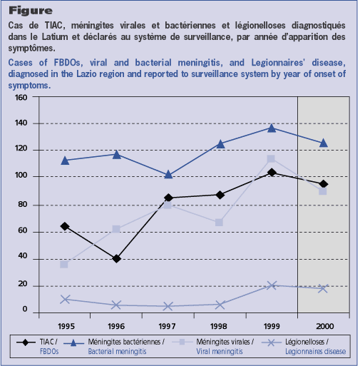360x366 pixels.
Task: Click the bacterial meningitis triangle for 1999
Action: (272, 128)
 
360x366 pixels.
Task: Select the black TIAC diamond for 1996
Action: (116, 258)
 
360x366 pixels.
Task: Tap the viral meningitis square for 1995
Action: (64, 264)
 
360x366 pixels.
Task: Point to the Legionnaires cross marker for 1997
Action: (168, 306)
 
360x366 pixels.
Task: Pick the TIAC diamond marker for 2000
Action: (323, 184)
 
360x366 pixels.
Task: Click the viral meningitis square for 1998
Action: (219, 223)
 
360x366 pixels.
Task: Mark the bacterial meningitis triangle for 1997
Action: (168, 175)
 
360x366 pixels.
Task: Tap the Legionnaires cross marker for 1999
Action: (272, 285)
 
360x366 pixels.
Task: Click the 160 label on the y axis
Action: (21, 98)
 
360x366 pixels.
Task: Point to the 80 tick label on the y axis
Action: (22, 204)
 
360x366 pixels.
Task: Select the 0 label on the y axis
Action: (25, 309)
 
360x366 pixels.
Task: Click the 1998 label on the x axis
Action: (219, 326)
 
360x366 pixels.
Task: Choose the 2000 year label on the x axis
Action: (324, 326)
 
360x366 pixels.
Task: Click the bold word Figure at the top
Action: (31, 11)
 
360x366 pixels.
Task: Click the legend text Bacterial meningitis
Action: (117, 351)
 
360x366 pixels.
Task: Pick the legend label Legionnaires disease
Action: (315, 351)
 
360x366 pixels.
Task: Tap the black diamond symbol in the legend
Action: (26, 342)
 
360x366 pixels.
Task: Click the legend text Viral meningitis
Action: (220, 351)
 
